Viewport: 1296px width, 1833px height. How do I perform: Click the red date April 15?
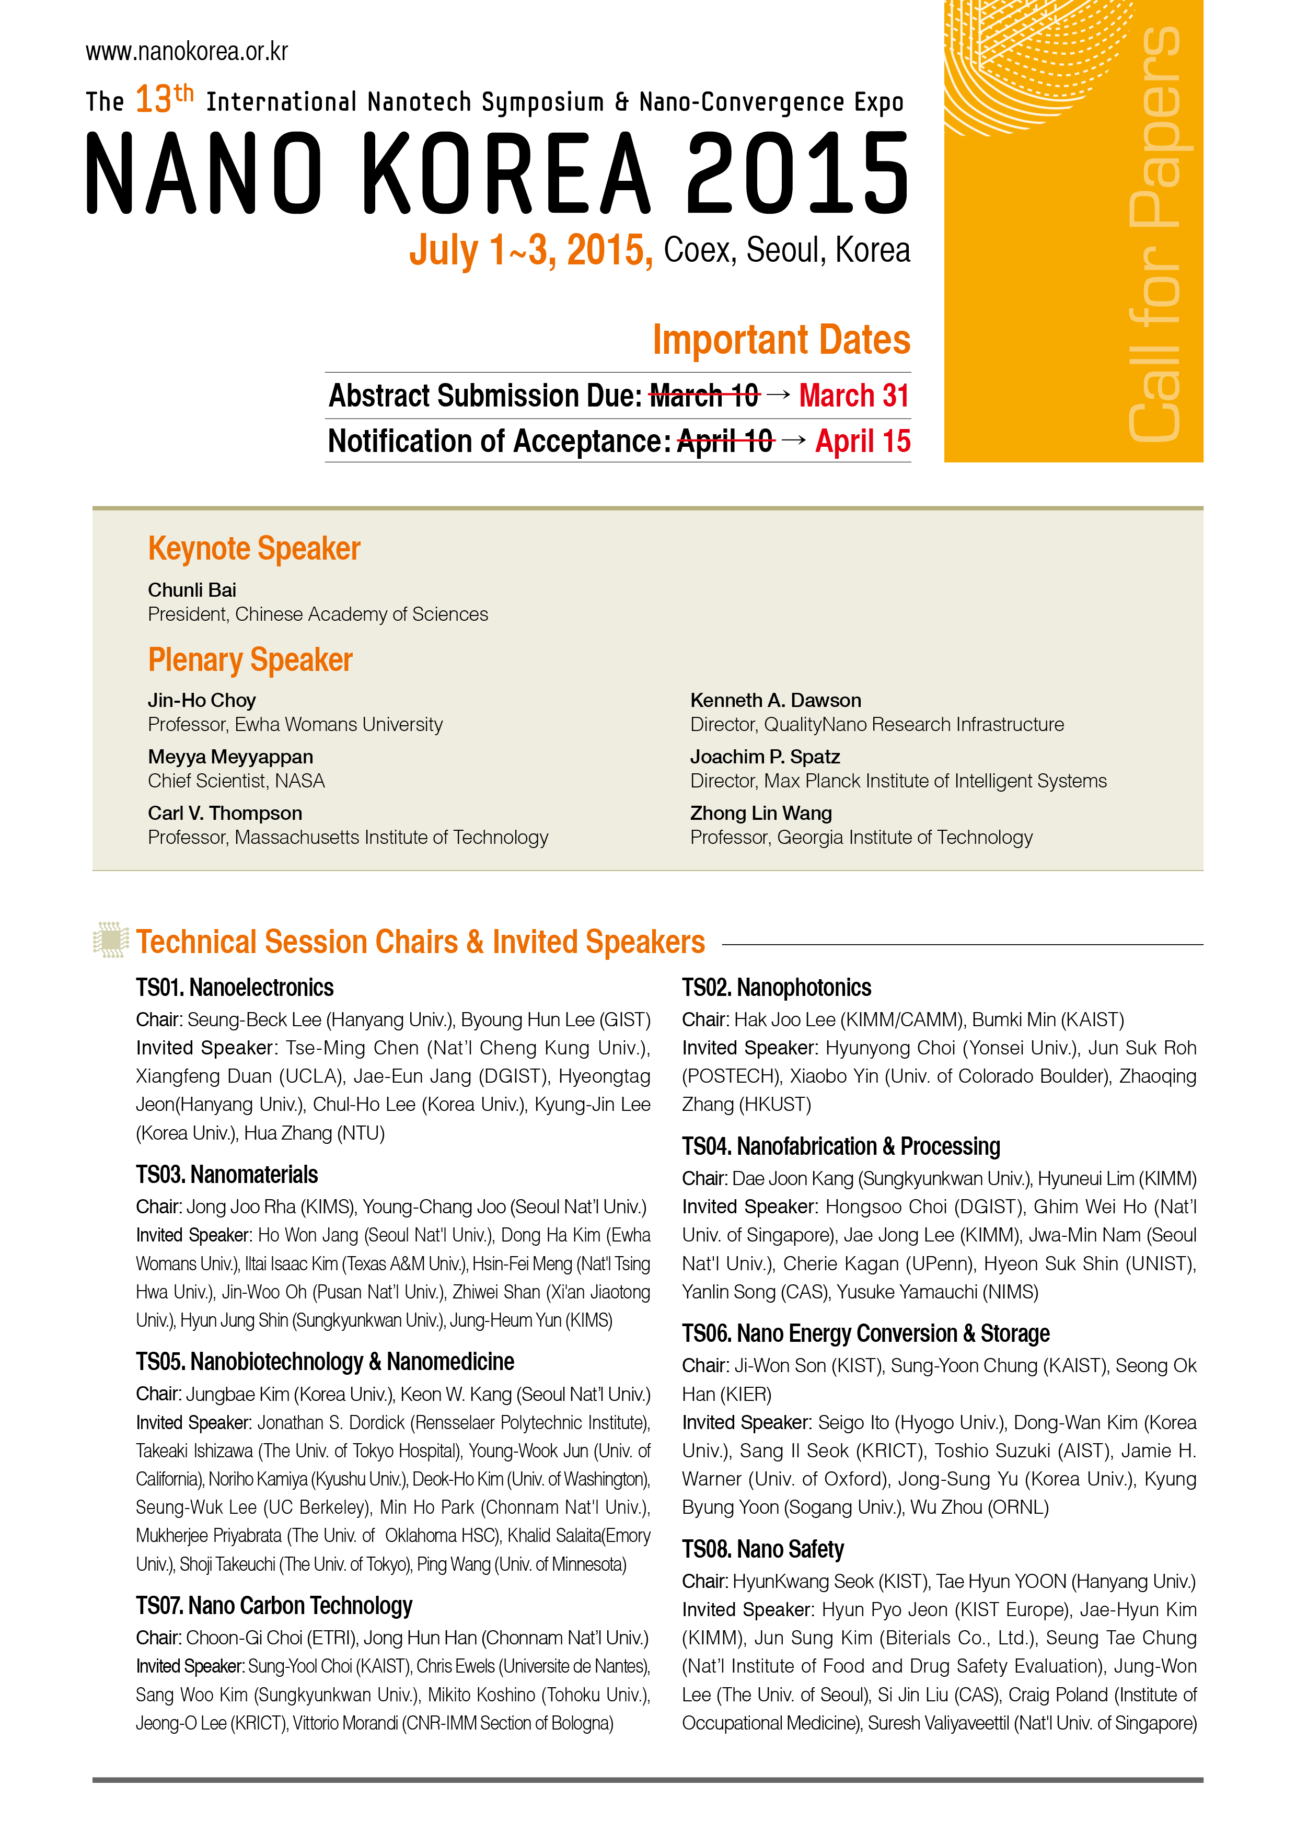[862, 442]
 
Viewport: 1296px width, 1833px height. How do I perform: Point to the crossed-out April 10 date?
[725, 442]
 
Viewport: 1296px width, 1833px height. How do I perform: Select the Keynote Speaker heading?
[254, 549]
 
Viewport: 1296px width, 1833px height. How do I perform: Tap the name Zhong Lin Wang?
[760, 814]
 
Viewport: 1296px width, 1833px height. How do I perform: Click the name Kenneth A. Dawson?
[776, 700]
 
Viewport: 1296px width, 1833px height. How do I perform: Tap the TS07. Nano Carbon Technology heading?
[273, 1606]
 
